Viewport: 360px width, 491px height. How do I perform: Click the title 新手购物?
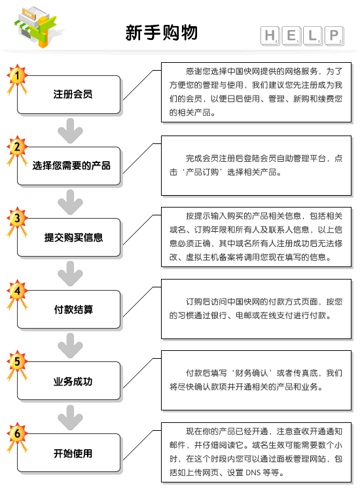point(161,33)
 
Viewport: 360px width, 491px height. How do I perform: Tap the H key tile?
point(270,36)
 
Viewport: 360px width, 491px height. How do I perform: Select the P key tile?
point(334,36)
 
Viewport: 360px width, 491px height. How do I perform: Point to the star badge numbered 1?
point(17,77)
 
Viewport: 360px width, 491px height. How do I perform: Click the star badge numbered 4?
point(17,292)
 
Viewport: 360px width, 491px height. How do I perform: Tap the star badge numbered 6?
point(17,435)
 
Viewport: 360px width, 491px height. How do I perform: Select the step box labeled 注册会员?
point(69,94)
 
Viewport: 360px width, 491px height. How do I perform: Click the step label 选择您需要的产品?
point(72,166)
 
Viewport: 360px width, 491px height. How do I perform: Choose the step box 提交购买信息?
point(69,238)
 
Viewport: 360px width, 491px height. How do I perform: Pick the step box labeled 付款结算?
point(69,310)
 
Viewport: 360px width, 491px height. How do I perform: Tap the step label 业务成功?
point(73,382)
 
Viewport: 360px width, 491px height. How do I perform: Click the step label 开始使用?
point(73,453)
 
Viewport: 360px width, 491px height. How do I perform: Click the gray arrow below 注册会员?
point(71,131)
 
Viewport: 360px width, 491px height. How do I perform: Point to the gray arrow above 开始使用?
point(71,418)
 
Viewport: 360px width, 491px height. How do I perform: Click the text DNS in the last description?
point(253,472)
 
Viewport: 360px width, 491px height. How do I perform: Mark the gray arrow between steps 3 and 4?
point(71,274)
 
